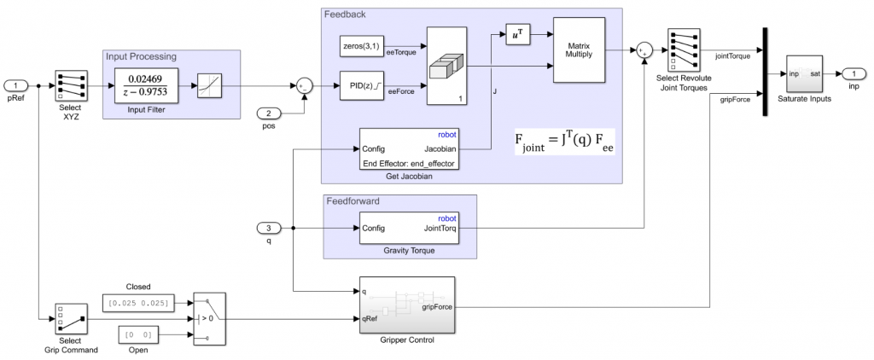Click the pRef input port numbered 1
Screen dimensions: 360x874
point(15,85)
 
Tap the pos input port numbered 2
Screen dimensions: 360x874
point(268,113)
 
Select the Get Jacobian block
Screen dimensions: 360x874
point(410,148)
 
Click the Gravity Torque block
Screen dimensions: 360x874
point(409,228)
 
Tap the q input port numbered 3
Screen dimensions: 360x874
point(268,228)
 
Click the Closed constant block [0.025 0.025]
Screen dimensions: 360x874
point(137,303)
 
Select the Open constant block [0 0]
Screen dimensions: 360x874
point(137,334)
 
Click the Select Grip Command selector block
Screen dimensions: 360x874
point(70,319)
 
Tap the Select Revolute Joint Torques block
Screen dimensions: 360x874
point(685,49)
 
